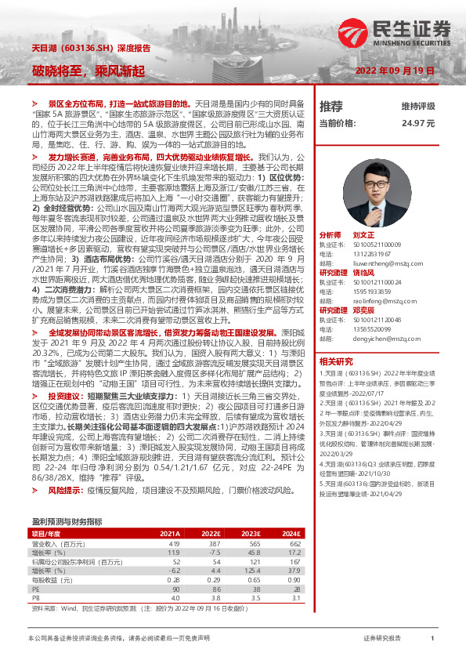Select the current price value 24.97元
418,123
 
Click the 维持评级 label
417,106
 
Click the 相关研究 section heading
337,340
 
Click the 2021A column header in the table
169,511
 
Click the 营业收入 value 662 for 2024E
295,521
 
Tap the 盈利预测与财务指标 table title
67,499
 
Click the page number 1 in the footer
432,639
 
